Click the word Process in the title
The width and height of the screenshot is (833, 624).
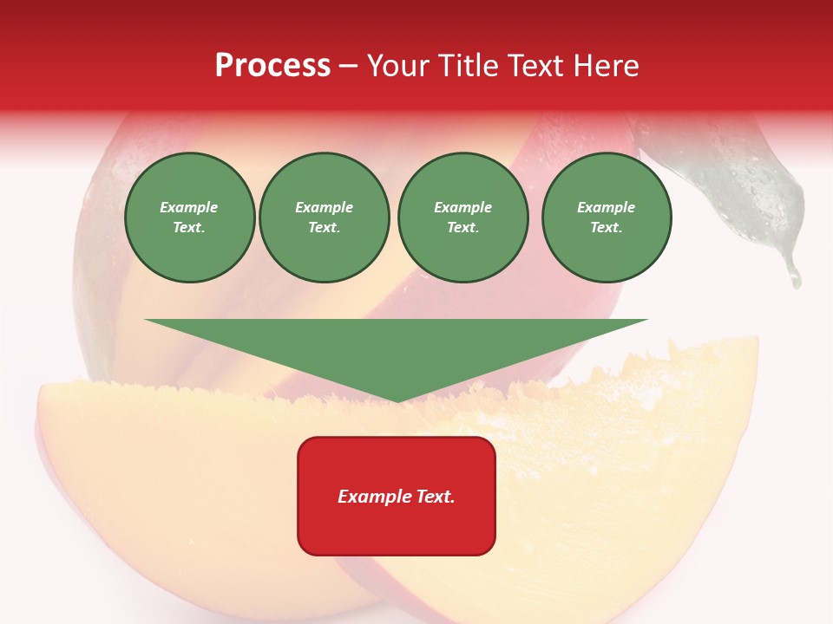pos(272,66)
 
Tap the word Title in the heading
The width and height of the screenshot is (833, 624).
pos(469,66)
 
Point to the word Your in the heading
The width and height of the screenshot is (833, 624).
pos(400,66)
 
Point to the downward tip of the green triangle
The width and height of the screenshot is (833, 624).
pos(397,400)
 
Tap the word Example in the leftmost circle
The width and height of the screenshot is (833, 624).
pos(189,207)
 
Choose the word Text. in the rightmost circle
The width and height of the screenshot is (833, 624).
pos(607,227)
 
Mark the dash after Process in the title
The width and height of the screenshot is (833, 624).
pos(349,66)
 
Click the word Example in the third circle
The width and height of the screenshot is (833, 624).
pos(462,207)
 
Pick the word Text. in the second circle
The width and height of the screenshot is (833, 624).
pos(325,227)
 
